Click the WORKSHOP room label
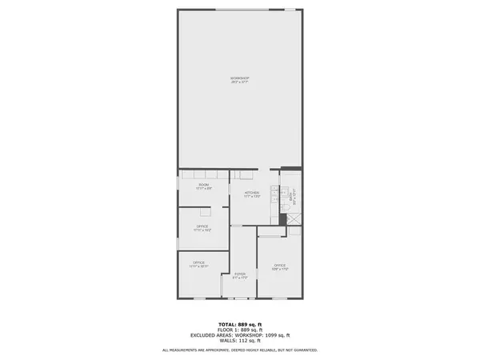pos(239,78)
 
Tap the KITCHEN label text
pos(252,193)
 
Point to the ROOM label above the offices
pos(204,185)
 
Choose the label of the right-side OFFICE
pos(279,265)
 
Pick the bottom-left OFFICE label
pos(198,262)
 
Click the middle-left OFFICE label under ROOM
pos(202,226)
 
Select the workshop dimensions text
pos(239,82)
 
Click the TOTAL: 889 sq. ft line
pos(239,322)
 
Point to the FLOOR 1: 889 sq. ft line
pos(239,328)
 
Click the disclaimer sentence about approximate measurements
pos(239,350)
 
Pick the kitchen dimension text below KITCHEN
pos(252,197)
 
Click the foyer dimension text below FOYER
pos(239,278)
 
